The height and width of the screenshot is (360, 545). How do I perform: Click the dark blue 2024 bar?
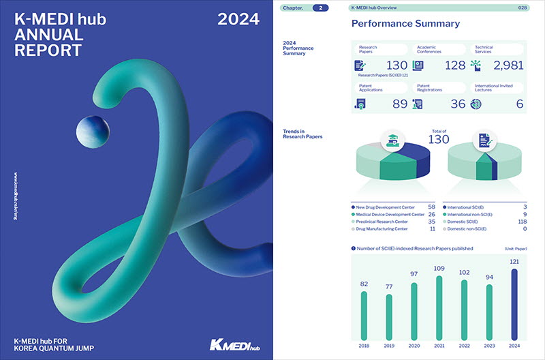point(514,304)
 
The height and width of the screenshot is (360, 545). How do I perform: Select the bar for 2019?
point(389,317)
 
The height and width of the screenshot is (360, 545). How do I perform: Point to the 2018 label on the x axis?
point(364,346)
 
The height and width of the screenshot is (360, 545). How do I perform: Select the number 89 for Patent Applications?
point(400,104)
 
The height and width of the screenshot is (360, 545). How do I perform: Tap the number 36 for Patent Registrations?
point(457,104)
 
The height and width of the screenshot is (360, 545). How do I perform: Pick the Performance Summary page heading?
point(405,24)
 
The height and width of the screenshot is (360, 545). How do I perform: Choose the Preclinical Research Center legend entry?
point(382,222)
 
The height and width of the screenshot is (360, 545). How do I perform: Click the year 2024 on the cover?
point(238,20)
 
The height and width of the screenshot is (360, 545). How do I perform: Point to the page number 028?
point(523,8)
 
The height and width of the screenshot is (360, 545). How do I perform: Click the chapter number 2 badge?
point(320,8)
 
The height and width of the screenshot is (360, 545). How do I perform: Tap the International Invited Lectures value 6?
point(520,104)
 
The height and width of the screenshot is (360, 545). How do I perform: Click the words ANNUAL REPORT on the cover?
point(48,43)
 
